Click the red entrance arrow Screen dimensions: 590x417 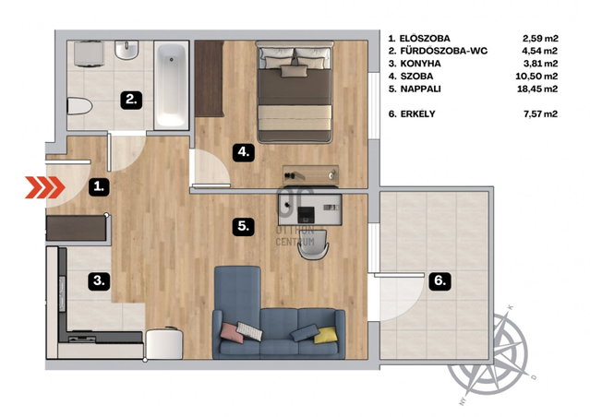click(45, 187)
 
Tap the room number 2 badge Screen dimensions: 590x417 click(131, 100)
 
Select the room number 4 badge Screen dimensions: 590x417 click(244, 152)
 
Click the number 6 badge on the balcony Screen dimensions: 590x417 click(439, 280)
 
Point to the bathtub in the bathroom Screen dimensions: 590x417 click(172, 86)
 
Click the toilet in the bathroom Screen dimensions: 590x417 click(79, 106)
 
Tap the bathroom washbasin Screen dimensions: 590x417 click(126, 50)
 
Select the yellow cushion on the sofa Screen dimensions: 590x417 click(326, 335)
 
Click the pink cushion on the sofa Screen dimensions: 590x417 click(232, 333)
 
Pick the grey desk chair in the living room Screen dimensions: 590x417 click(313, 244)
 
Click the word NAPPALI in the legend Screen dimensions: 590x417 click(421, 89)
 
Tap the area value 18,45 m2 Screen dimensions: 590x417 click(537, 89)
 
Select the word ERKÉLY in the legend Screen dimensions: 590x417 click(417, 113)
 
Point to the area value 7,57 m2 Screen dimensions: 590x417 click(541, 113)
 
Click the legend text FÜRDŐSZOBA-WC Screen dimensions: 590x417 click(444, 51)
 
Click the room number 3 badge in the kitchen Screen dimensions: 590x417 click(99, 280)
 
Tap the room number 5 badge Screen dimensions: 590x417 click(244, 226)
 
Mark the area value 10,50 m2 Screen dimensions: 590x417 click(536, 77)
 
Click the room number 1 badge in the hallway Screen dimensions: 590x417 click(99, 186)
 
